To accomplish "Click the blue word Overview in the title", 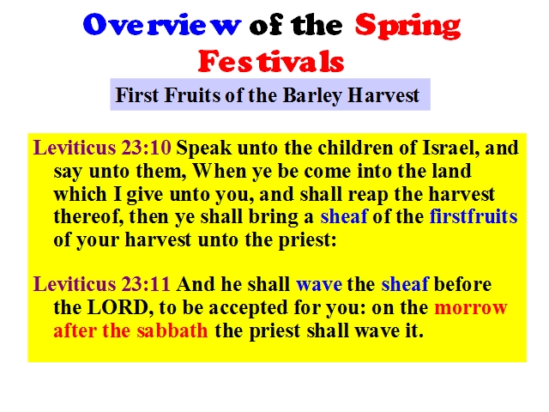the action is pos(162,25).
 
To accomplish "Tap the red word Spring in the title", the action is pos(408,26).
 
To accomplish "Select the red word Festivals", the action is pos(271,61).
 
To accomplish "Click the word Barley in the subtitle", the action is pos(312,95).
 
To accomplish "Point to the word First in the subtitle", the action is pos(137,95).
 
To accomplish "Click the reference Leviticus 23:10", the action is pos(102,148).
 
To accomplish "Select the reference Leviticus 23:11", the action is pos(102,284).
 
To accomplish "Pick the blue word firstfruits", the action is pos(474,216).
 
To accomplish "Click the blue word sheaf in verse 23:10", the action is pos(344,216).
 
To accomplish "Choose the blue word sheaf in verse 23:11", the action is pos(405,284).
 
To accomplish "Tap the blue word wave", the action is pos(319,284).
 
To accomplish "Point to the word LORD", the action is pos(120,307).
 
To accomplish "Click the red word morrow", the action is pos(471,308).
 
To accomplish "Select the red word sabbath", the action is pos(172,330).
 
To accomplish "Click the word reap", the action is pos(368,195).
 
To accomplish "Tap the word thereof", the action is pos(88,216).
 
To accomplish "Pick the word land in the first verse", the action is pos(452,171).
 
